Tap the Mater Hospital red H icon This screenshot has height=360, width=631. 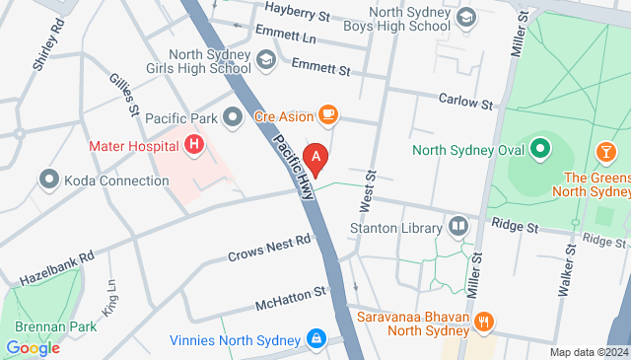pyautogui.click(x=195, y=146)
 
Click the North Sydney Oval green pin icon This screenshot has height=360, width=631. pyautogui.click(x=539, y=150)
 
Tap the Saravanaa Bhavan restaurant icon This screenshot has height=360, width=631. pyautogui.click(x=483, y=321)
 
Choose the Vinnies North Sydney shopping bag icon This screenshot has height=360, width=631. pyautogui.click(x=315, y=339)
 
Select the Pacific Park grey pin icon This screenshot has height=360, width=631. pyautogui.click(x=233, y=118)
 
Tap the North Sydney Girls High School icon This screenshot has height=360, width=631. pyautogui.click(x=266, y=62)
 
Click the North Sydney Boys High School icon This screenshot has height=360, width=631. pyautogui.click(x=467, y=17)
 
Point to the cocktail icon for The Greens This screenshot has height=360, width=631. pyautogui.click(x=606, y=151)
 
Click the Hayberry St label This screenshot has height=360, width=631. pyautogui.click(x=297, y=14)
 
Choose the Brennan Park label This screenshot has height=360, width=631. pyautogui.click(x=41, y=326)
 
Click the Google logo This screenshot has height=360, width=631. pyautogui.click(x=33, y=347)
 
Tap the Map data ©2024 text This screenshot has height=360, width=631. pyautogui.click(x=589, y=352)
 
